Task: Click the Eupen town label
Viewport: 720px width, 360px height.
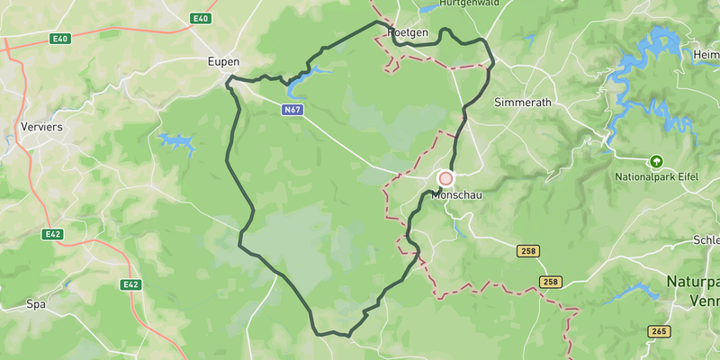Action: pos(223,62)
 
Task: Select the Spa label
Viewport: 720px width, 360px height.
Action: pos(36,304)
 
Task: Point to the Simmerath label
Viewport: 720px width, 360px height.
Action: pos(522,103)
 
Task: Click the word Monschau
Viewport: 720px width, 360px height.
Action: pos(458,195)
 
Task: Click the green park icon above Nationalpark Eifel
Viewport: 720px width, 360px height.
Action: pos(656,162)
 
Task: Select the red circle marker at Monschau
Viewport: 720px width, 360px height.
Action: pos(445,178)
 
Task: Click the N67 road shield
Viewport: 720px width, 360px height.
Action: pos(292,110)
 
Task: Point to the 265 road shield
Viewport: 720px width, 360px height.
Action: pos(659,331)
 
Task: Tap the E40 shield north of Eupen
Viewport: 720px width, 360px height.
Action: pos(200,18)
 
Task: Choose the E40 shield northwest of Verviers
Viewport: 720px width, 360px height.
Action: pos(60,39)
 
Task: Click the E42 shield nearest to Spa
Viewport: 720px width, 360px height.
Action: pos(131,284)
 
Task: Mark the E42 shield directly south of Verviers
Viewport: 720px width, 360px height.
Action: pos(55,234)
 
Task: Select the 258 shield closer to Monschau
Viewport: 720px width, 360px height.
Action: pos(527,250)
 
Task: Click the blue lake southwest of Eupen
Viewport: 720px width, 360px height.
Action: pos(176,141)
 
